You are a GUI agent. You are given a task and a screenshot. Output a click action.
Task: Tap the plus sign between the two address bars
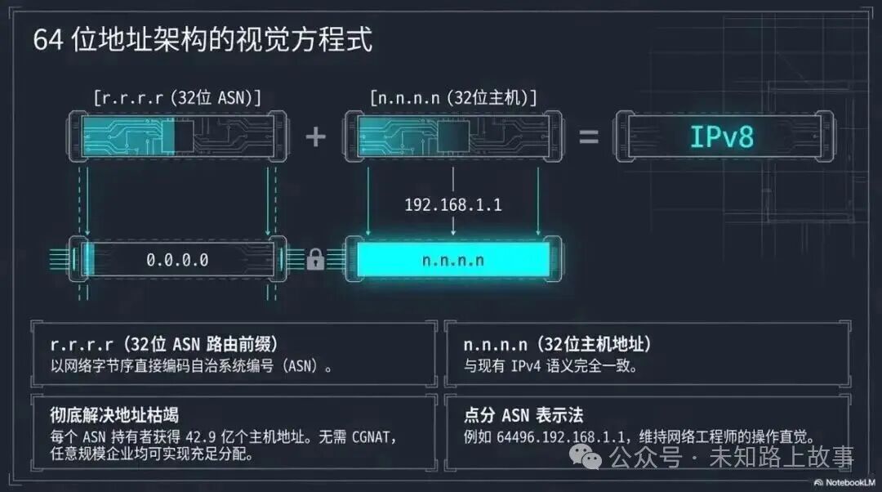click(x=315, y=136)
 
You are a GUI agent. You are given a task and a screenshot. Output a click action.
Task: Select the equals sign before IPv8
click(x=589, y=136)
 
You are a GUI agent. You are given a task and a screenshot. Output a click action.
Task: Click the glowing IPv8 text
click(x=722, y=136)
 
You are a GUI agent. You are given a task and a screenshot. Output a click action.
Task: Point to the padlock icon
click(x=315, y=260)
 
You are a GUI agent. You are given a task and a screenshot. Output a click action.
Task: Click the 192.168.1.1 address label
click(x=453, y=204)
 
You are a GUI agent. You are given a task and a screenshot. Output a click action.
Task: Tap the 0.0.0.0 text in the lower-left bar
click(x=177, y=260)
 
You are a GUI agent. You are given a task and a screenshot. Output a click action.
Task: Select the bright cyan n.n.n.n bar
click(x=453, y=260)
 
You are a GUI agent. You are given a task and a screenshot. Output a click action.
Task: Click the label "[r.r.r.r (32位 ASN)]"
click(x=177, y=98)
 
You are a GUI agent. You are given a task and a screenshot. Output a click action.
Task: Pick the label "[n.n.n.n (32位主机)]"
click(x=453, y=98)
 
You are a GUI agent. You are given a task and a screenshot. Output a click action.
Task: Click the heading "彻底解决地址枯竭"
click(x=114, y=414)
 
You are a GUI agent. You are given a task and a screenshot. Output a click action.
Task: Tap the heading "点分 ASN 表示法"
click(x=523, y=414)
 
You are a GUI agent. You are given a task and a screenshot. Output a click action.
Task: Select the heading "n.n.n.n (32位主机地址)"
click(x=557, y=344)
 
